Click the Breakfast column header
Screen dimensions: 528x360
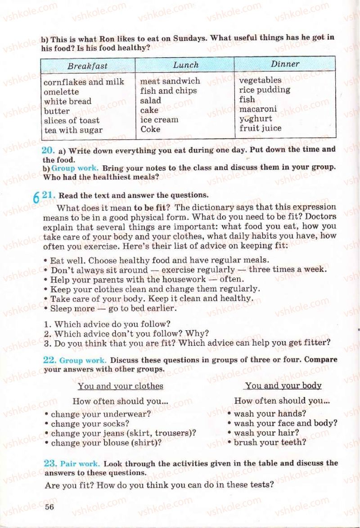[x=87, y=66]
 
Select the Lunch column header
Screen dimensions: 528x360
[x=185, y=65]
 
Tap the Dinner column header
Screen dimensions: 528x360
[x=285, y=64]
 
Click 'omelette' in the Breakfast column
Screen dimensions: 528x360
[x=61, y=92]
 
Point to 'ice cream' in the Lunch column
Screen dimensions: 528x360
[x=159, y=120]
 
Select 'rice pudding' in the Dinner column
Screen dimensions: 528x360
[x=265, y=90]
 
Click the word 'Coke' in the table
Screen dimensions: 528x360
[x=150, y=129]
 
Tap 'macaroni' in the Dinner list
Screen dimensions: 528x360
[x=258, y=109]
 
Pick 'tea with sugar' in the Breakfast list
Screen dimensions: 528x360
[x=73, y=130]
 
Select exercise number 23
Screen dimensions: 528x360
[x=49, y=463]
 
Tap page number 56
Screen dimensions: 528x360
[x=49, y=507]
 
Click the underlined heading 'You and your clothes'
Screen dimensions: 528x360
[x=120, y=386]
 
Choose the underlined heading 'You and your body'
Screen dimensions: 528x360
[x=283, y=385]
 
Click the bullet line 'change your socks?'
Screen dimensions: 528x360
[x=90, y=424]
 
